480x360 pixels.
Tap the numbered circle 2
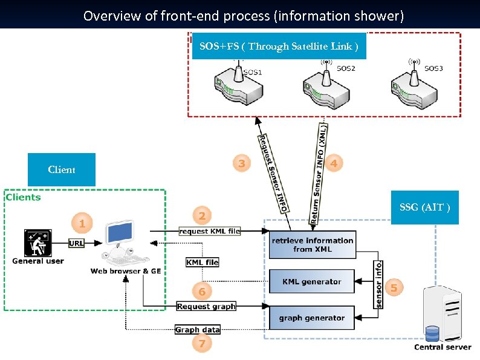pyautogui.click(x=203, y=215)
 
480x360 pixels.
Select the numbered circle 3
pyautogui.click(x=242, y=163)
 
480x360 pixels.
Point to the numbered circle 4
pyautogui.click(x=334, y=163)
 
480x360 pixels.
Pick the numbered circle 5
pyautogui.click(x=394, y=288)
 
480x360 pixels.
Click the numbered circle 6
pyautogui.click(x=203, y=292)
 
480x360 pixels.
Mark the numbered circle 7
pyautogui.click(x=202, y=344)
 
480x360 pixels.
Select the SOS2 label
pyautogui.click(x=346, y=68)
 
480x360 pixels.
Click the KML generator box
pyautogui.click(x=312, y=282)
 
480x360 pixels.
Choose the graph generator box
pyautogui.click(x=312, y=318)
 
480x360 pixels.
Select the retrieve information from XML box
pyautogui.click(x=312, y=244)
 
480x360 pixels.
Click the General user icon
pyautogui.click(x=37, y=243)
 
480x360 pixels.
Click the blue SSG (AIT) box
pyautogui.click(x=424, y=208)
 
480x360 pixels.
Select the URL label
pyautogui.click(x=76, y=243)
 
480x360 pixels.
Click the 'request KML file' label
pyautogui.click(x=209, y=231)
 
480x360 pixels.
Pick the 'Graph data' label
pyautogui.click(x=197, y=330)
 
